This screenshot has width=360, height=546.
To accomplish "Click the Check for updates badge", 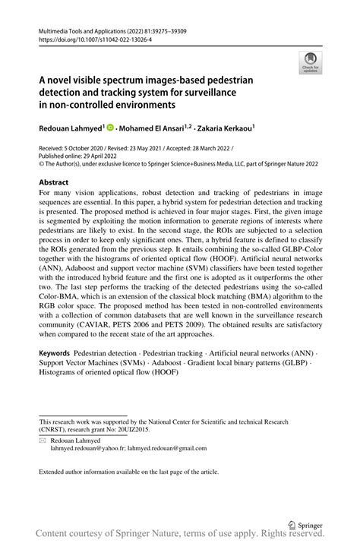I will pyautogui.click(x=310, y=63).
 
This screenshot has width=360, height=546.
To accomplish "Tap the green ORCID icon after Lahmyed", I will pyautogui.click(x=112, y=128).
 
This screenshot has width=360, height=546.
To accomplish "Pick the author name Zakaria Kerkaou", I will pyautogui.click(x=225, y=128).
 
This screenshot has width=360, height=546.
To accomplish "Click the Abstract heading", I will pyautogui.click(x=53, y=182).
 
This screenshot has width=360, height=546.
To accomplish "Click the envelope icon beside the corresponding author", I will pyautogui.click(x=43, y=440).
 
